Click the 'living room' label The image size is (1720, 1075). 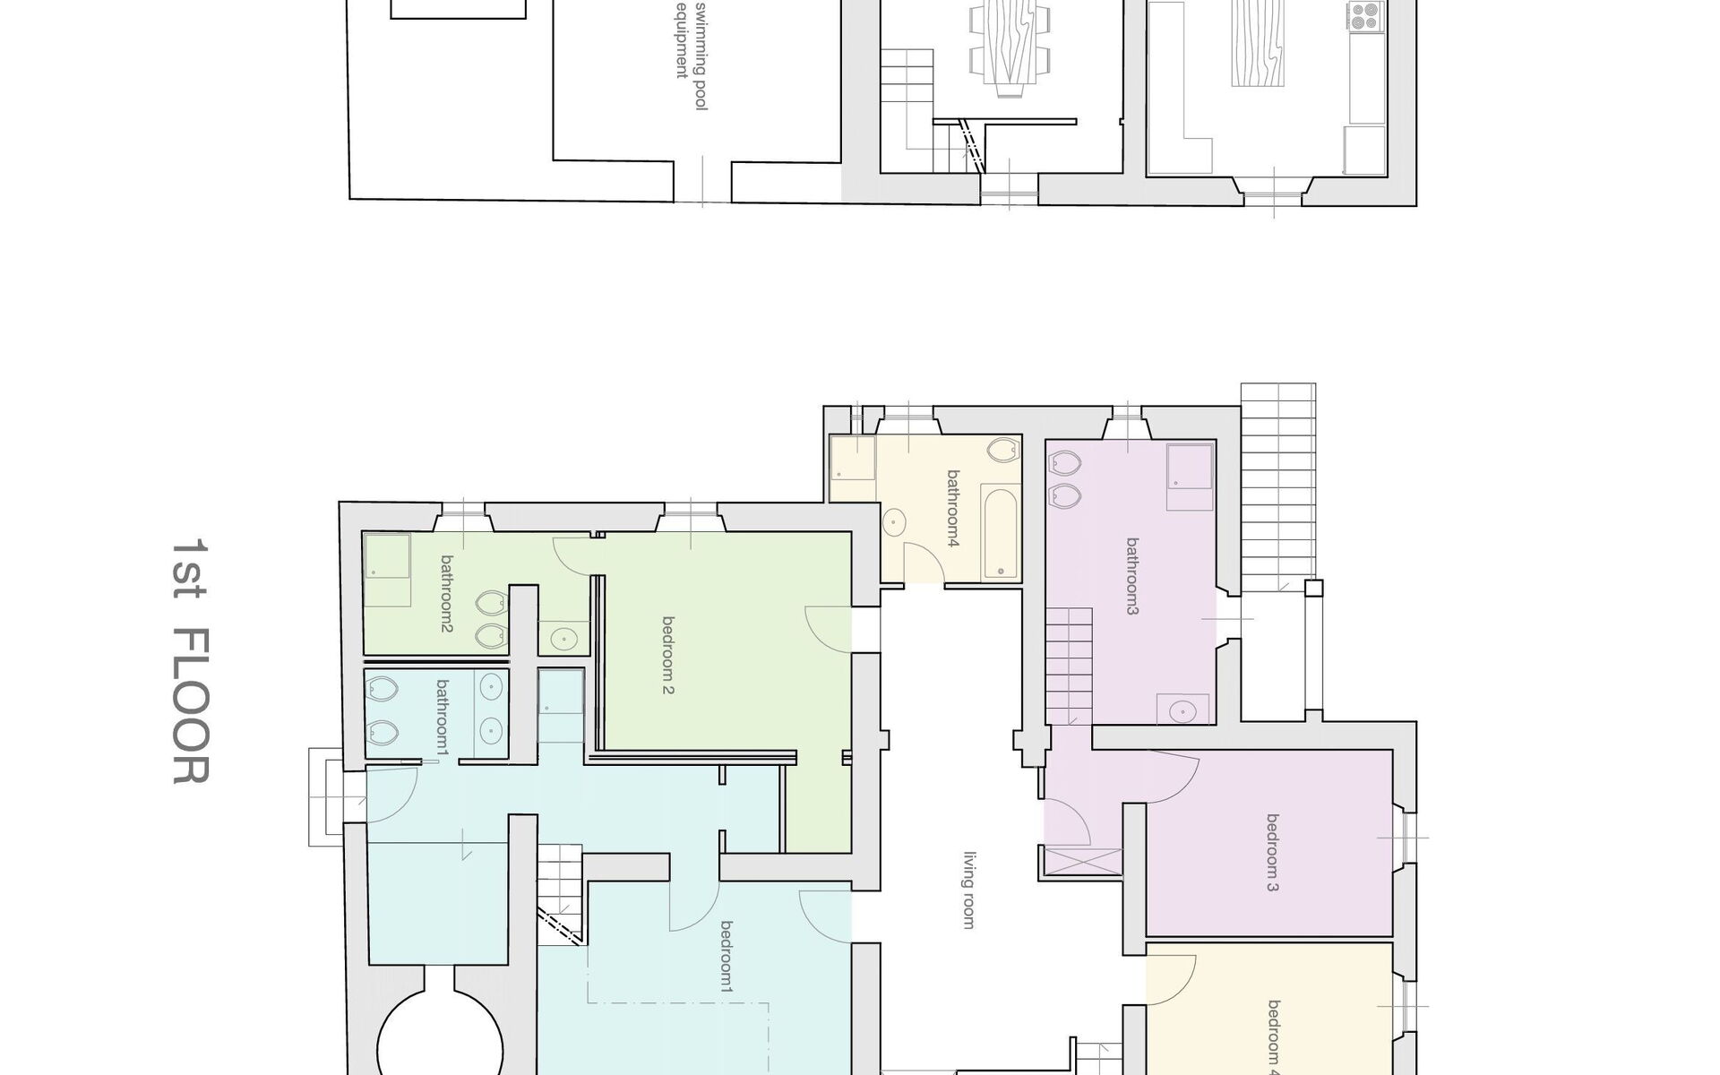968,890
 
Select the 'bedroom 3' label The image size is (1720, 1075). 1273,853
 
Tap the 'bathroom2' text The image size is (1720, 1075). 446,594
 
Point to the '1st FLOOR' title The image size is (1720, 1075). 190,661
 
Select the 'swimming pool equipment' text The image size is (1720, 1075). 691,54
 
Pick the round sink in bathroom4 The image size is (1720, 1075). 894,521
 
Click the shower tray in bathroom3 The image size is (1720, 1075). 1191,466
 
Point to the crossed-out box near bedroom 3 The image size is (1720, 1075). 1083,859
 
